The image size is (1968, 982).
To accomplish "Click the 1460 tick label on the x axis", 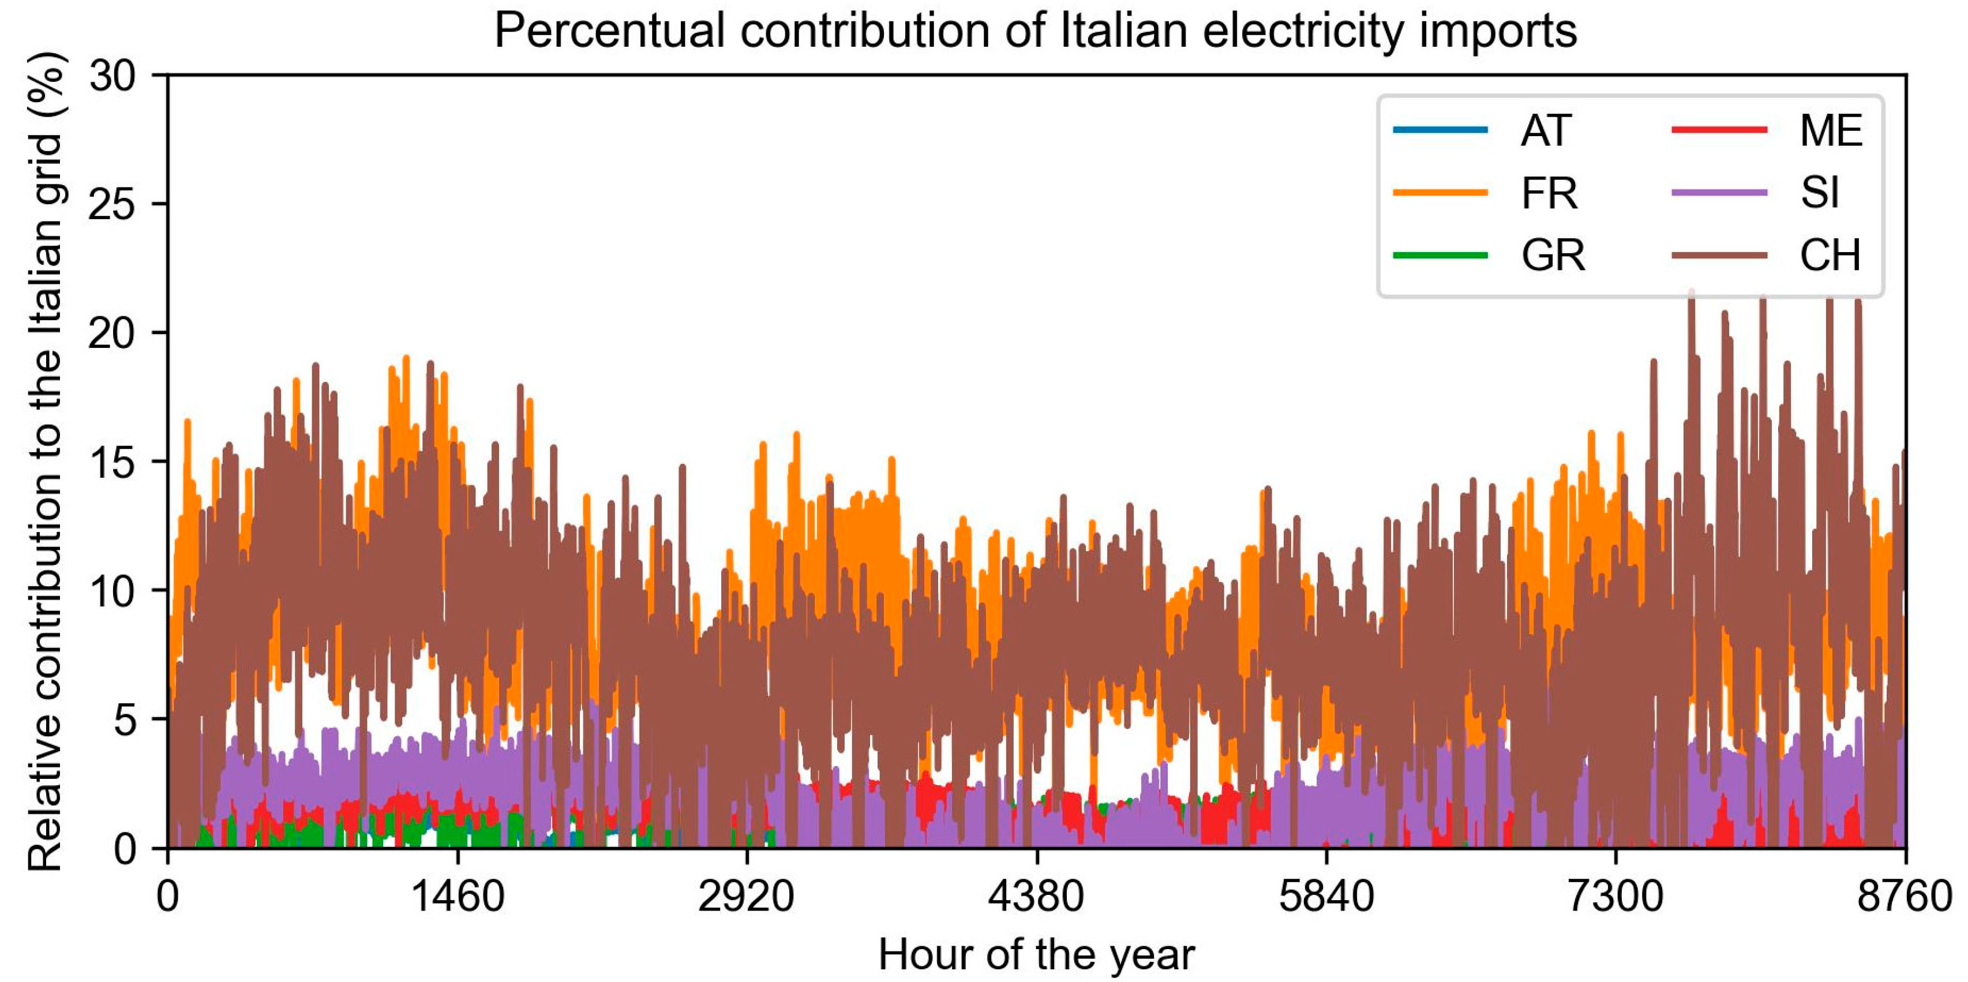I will pos(457,895).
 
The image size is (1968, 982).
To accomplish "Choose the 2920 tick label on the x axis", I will pos(747,895).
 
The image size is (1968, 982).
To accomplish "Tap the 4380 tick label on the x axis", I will pos(1036,895).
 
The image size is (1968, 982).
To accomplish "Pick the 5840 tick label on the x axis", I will pos(1326,895).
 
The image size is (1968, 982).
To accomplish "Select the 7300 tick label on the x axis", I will pos(1616,895).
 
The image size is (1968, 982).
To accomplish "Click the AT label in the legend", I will pos(1546,130).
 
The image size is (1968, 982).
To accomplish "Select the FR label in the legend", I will pos(1549,193).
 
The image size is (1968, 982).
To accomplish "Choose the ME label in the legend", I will pos(1831,130).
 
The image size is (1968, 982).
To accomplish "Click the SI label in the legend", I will pos(1819,193).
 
